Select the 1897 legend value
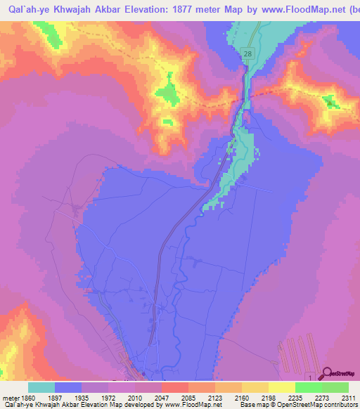(68, 397)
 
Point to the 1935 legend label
(94, 397)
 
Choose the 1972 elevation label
(121, 397)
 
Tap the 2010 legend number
(147, 397)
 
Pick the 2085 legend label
(200, 397)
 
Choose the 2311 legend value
(349, 397)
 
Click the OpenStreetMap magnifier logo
(328, 373)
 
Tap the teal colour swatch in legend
(41, 387)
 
